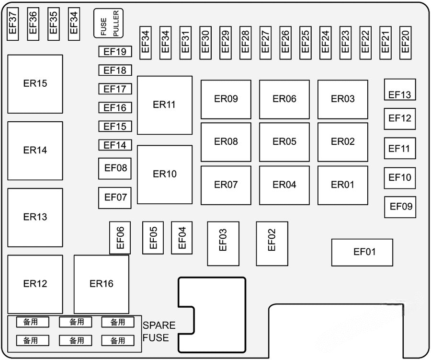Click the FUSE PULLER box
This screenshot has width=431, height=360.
coord(108,23)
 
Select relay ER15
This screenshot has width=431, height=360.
coord(35,84)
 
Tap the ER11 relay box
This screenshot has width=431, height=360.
coord(165,105)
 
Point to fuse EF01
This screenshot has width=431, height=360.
coord(362,252)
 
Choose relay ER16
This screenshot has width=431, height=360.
coord(102,284)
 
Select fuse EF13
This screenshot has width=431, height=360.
coord(400,90)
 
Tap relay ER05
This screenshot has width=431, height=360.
coord(284,142)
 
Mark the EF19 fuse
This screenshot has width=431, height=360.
coord(115,52)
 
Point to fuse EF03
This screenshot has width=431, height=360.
coord(223,244)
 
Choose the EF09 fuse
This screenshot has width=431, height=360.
coord(400,207)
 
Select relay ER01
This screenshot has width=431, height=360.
coord(343,185)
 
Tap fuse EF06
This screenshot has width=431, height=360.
coord(120,237)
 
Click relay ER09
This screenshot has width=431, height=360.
coord(226,99)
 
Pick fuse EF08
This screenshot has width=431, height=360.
coord(115,168)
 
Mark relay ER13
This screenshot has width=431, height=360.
coord(35,217)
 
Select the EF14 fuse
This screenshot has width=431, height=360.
coord(115,145)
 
